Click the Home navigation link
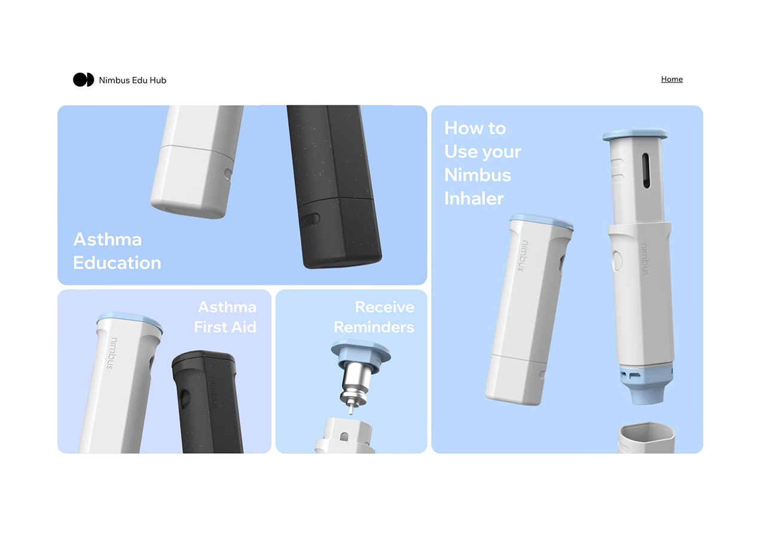click(671, 79)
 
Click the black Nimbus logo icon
click(83, 80)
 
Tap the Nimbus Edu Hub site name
click(133, 80)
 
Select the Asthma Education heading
click(117, 251)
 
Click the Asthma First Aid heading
click(225, 317)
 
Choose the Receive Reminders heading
click(374, 317)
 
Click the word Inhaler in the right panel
click(474, 198)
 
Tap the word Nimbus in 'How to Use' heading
click(478, 175)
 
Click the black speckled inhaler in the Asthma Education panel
click(335, 179)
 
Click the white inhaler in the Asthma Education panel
click(194, 161)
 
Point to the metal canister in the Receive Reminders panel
click(354, 386)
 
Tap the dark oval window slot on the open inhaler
click(646, 171)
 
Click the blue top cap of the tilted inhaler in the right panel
click(542, 221)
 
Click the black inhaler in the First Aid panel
click(207, 401)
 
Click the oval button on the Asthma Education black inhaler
click(310, 219)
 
